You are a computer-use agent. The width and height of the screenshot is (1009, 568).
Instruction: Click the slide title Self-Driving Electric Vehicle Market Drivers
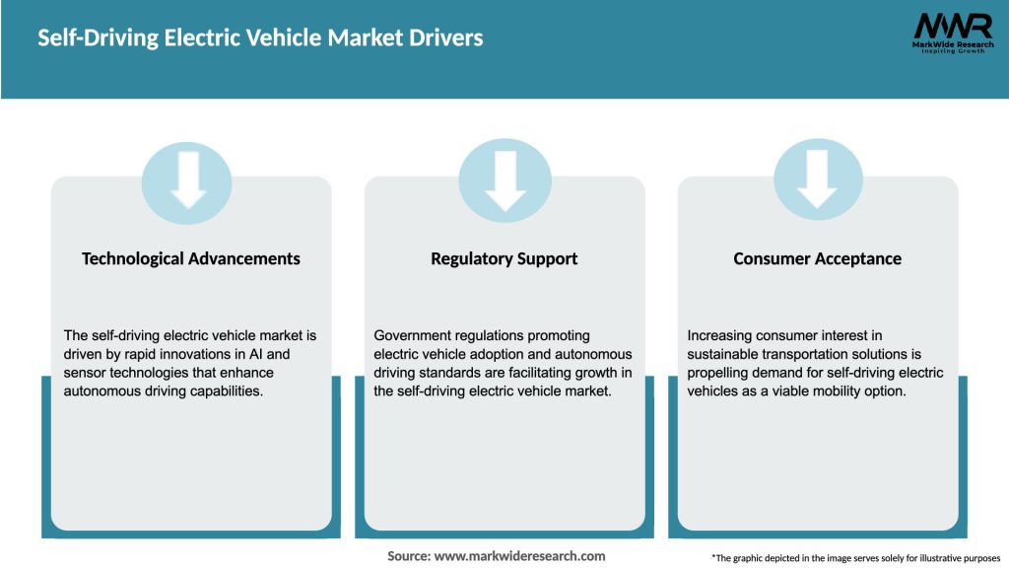tap(260, 38)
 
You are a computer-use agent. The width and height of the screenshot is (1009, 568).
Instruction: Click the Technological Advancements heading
tap(191, 258)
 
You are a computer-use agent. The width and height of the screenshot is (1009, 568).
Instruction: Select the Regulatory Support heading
tap(504, 258)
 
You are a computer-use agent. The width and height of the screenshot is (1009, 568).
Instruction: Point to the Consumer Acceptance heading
tap(817, 258)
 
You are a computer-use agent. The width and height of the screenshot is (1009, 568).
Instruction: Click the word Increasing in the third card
tap(720, 335)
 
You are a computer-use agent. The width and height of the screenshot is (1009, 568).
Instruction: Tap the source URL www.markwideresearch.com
tap(520, 556)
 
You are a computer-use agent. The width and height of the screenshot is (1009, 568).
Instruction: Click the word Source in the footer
tap(408, 556)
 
